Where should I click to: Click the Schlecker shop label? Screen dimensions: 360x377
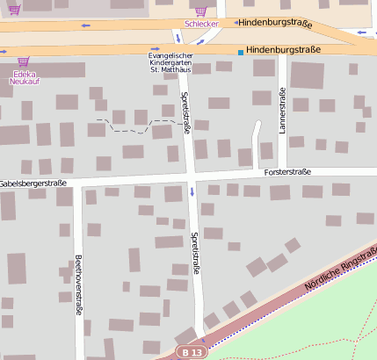(x=201, y=24)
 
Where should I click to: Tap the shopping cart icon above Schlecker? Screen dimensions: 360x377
(x=201, y=11)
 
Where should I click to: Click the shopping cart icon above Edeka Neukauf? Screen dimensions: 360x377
(x=23, y=61)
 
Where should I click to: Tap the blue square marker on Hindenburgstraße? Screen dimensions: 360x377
(x=241, y=53)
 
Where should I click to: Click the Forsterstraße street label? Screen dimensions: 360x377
(x=287, y=172)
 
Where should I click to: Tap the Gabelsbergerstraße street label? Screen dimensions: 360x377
(x=33, y=183)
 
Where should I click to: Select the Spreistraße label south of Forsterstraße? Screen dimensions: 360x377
(x=195, y=255)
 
